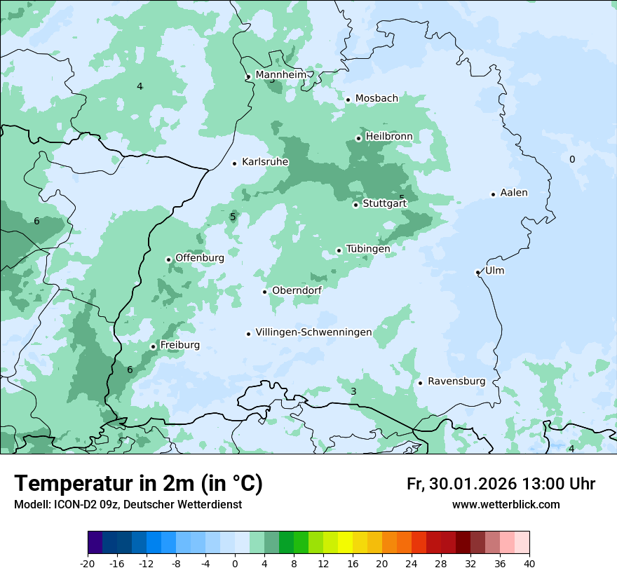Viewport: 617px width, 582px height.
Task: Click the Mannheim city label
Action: [x=280, y=75]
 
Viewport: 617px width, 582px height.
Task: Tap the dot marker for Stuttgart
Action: [x=355, y=205]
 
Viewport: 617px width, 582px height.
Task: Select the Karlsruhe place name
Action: [x=265, y=162]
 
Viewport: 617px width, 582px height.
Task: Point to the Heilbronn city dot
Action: [x=358, y=138]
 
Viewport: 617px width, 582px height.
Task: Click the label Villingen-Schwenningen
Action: [x=313, y=332]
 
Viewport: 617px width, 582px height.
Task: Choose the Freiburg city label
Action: [x=179, y=345]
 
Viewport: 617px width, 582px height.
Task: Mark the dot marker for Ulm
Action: [x=477, y=272]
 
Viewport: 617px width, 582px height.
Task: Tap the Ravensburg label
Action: [x=456, y=381]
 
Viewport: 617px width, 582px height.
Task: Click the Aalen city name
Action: [x=514, y=193]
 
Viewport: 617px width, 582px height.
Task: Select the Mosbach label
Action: [x=377, y=99]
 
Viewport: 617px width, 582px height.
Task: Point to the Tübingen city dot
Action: [x=339, y=250]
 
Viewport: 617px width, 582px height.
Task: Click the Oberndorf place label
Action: [x=297, y=290]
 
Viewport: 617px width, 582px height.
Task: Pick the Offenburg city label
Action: [x=200, y=258]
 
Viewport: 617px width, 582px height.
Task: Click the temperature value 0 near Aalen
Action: [x=571, y=160]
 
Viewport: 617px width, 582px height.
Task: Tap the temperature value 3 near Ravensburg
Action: [x=353, y=391]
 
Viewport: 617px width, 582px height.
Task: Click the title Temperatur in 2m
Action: [x=138, y=484]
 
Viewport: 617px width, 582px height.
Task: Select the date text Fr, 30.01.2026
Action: [x=461, y=484]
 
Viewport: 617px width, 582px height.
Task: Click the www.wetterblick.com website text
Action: [x=506, y=505]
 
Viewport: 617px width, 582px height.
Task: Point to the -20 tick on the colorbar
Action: [x=88, y=563]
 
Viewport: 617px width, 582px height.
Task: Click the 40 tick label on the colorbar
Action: [x=529, y=563]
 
